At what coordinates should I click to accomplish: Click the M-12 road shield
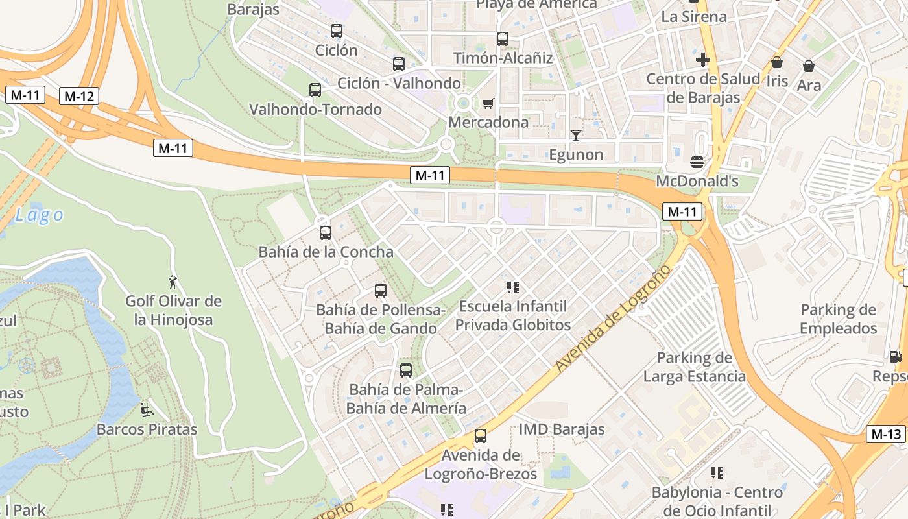pos(79,97)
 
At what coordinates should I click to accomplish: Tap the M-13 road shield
pos(886,434)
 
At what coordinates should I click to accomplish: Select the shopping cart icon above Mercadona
pos(488,104)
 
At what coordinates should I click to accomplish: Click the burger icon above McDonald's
pos(697,162)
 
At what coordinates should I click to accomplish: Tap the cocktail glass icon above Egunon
pos(575,136)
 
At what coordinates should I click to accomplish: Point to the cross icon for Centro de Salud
pos(702,60)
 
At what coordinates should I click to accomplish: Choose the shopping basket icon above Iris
pos(777,63)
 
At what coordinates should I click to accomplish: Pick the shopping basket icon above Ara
pos(809,66)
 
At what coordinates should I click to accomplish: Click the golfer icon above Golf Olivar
pos(173,282)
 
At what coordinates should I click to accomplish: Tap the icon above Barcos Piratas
pos(147,410)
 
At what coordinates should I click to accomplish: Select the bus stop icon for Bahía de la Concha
pos(326,232)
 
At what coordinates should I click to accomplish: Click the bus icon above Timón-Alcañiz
pos(503,39)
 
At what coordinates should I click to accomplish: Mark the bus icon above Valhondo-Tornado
pos(315,90)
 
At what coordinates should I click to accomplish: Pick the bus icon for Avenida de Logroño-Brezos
pos(481,436)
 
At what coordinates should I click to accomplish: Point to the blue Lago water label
pos(40,215)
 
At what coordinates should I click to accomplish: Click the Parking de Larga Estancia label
pos(694,367)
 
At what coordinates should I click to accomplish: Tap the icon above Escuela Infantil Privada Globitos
pos(513,287)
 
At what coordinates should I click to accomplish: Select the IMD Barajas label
pos(562,429)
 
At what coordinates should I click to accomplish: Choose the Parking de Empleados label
pos(838,319)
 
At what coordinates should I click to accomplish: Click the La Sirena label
pos(694,16)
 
